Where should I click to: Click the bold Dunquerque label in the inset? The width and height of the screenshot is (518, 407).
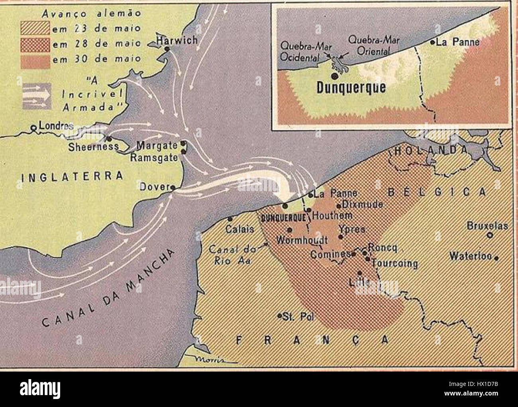(351, 88)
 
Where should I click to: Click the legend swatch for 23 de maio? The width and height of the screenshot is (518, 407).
(35, 29)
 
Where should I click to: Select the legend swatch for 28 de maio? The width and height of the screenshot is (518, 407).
(35, 44)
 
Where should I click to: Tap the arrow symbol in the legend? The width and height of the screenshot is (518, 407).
(37, 96)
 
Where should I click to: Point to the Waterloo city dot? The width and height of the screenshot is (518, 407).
(496, 258)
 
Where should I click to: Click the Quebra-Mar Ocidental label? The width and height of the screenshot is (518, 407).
(300, 51)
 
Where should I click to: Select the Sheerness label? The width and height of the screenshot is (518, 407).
(93, 146)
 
